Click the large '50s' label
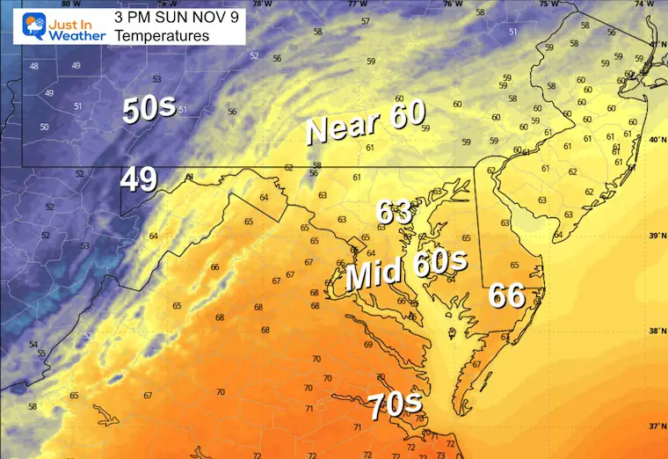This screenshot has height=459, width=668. click(x=149, y=110)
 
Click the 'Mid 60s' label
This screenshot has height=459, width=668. click(x=405, y=272)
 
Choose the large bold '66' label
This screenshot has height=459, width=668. click(x=508, y=296)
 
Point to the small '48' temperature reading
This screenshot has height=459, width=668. click(x=34, y=67)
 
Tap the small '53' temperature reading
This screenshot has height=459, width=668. click(x=156, y=78)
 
